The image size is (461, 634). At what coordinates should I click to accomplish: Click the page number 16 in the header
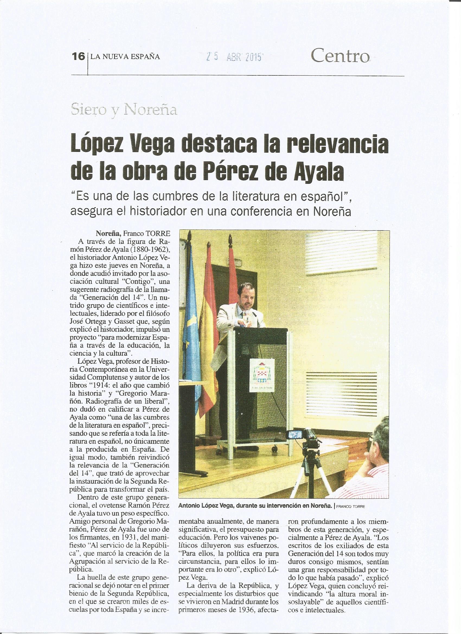(78, 57)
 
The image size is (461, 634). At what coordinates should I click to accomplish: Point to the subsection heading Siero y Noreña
(124, 110)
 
